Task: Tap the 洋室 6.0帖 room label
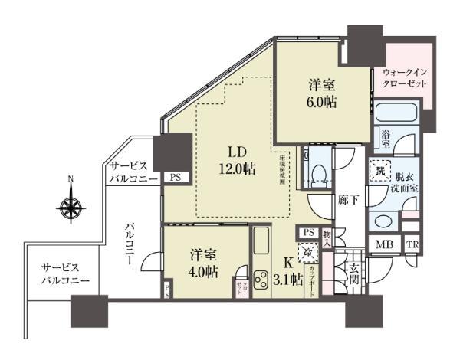[320, 93]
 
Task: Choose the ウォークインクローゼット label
[406, 80]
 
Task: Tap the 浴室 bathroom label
[386, 139]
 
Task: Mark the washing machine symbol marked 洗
[380, 169]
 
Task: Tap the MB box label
[382, 245]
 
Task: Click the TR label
[412, 245]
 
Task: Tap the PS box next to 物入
[309, 232]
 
